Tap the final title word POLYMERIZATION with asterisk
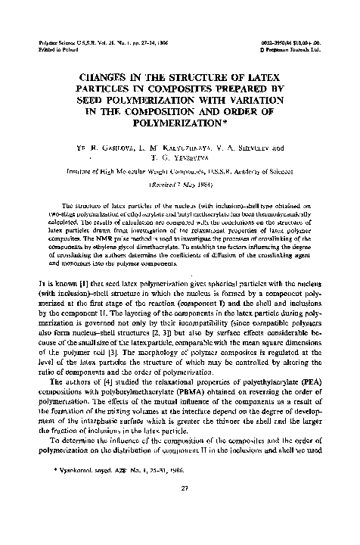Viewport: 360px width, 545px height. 182,123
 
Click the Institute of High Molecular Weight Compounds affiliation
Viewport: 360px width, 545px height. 180,173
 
